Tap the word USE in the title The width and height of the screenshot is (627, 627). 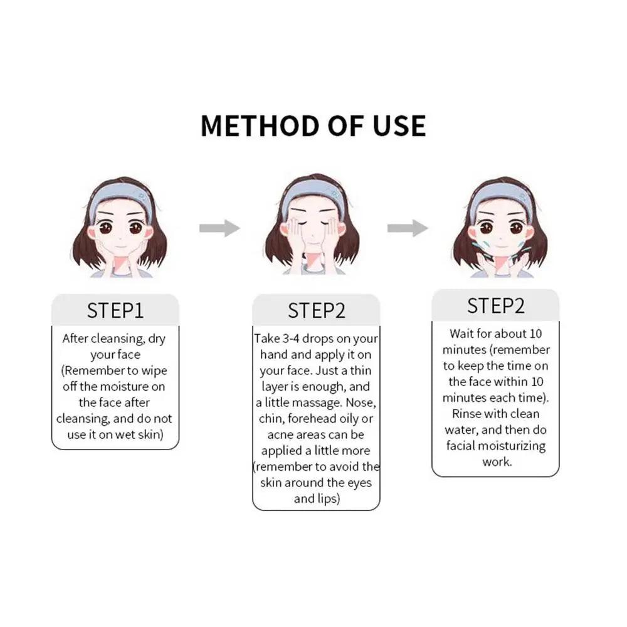click(399, 126)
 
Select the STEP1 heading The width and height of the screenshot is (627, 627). click(115, 311)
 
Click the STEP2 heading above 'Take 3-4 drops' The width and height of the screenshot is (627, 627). click(316, 311)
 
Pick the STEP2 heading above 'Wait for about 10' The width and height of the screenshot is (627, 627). click(496, 306)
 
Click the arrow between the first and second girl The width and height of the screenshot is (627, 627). click(219, 228)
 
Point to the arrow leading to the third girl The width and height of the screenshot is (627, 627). click(408, 228)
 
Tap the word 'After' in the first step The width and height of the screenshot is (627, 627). click(75, 339)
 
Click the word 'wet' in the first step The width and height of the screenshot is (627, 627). click(124, 435)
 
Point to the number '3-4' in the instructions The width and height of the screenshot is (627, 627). click(291, 339)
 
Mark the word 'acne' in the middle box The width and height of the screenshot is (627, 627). click(280, 435)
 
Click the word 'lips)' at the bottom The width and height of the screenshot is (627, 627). click(329, 499)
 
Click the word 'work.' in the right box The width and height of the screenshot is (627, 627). click(497, 462)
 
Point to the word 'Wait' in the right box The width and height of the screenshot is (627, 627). click(462, 334)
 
